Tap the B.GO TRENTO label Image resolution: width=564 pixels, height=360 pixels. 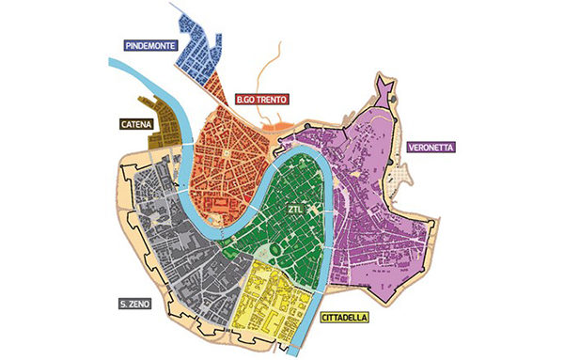[262, 98]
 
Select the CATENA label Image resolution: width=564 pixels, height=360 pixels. [137, 122]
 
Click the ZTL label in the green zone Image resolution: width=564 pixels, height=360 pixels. [297, 207]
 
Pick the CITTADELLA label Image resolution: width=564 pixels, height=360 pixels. [345, 318]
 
